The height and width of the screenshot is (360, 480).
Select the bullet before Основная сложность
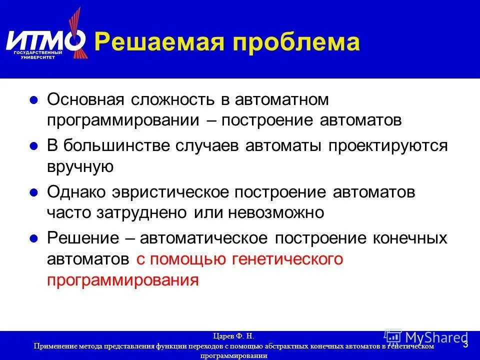pos(34,100)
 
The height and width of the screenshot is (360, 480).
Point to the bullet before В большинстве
pos(34,146)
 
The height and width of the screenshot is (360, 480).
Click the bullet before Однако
pos(34,192)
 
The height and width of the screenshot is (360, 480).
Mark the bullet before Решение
pos(34,238)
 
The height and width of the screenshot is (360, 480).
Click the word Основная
pos(85,99)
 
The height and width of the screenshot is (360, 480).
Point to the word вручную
pos(80,167)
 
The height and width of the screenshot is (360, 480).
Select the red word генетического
pos(287,259)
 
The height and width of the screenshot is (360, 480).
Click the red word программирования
pos(123,280)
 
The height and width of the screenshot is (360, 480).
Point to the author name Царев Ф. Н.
pos(234,336)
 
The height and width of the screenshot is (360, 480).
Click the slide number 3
pos(465,344)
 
